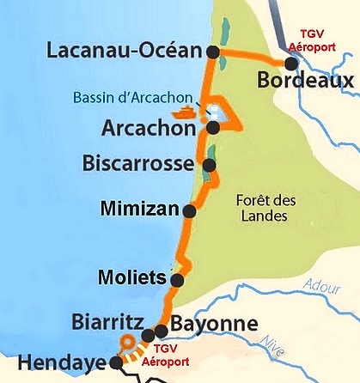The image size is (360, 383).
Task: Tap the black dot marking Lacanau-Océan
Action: tap(213, 52)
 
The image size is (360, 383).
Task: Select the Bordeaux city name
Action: tap(305, 82)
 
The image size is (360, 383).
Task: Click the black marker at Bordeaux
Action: tap(291, 64)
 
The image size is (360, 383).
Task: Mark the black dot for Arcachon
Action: tap(212, 127)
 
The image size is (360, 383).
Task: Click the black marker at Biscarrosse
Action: tap(206, 163)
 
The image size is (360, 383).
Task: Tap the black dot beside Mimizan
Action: tap(190, 210)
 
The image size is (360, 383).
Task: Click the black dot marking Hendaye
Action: tap(116, 362)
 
